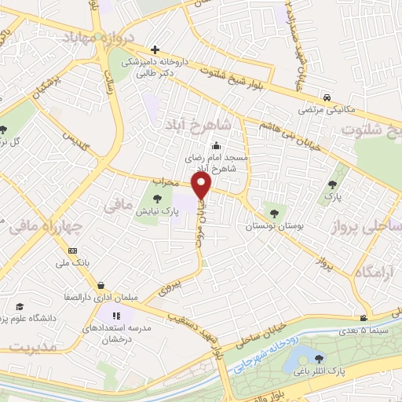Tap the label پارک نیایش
154,212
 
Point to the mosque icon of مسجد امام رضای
217,144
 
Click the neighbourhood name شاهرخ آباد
196,125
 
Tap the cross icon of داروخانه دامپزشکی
155,49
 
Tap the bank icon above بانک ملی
73,250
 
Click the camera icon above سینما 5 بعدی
364,318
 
